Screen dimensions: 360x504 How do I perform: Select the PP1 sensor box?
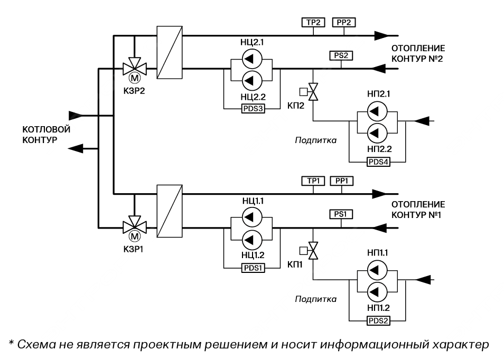click(341, 182)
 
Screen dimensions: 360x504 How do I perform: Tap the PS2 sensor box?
click(341, 55)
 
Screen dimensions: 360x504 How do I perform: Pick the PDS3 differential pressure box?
click(252, 109)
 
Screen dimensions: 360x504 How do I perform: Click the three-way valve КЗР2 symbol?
click(135, 68)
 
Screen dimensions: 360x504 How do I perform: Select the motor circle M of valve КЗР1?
click(135, 237)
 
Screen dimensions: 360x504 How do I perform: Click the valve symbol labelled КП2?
click(313, 91)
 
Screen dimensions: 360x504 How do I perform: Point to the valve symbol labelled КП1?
click(313, 251)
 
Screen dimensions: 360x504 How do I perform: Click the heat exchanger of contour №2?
click(169, 53)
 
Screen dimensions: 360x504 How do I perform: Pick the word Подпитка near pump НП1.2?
click(315, 299)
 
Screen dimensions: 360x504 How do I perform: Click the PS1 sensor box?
click(341, 214)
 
